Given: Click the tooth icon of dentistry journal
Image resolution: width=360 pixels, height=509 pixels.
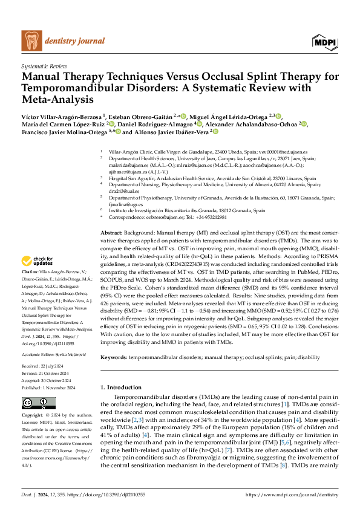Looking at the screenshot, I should tap(31, 40).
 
